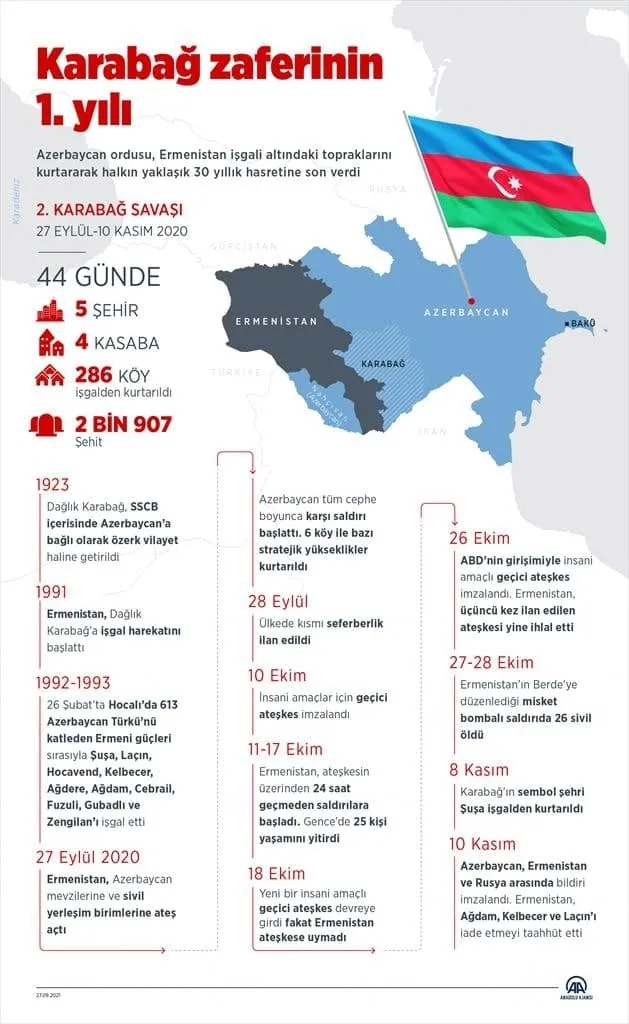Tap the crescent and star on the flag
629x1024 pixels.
click(x=509, y=181)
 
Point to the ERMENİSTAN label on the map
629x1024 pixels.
click(x=276, y=322)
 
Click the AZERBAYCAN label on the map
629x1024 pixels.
click(x=466, y=312)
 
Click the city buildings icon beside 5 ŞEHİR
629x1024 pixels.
click(x=50, y=310)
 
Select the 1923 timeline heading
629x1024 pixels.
click(x=52, y=485)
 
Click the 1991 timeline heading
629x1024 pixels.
click(x=52, y=592)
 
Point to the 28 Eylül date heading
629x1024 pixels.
click(x=279, y=601)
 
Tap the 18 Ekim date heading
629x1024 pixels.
click(x=277, y=872)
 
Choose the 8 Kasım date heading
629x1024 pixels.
click(x=479, y=770)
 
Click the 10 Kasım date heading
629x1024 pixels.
click(x=483, y=844)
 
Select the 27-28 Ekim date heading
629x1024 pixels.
click(x=492, y=662)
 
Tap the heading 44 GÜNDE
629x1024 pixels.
click(x=98, y=277)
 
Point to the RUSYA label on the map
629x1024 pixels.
click(x=387, y=188)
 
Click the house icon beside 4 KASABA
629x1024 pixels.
click(x=50, y=343)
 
